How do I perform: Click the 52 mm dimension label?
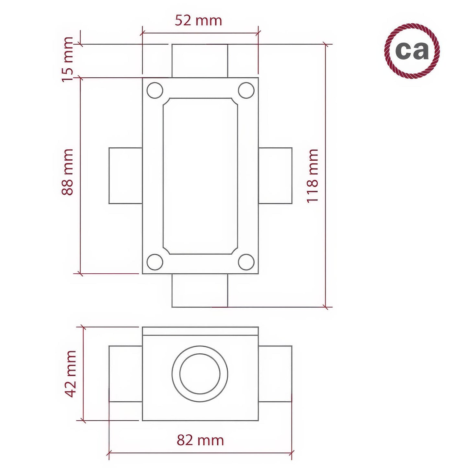pos(198,21)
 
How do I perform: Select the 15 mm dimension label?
pos(68,60)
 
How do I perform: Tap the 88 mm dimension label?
pos(68,172)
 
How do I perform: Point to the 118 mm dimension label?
pos(313,176)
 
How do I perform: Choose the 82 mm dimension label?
pos(200,440)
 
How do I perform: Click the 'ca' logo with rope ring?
pos(412,51)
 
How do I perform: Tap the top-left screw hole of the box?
pos(155,90)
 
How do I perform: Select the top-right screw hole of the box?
pos(246,90)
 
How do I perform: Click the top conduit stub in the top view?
pos(200,61)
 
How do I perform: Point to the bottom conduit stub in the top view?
pos(200,291)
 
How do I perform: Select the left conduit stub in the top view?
pos(125,176)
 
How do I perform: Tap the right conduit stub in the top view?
pos(275,176)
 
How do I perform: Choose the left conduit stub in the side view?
pos(125,374)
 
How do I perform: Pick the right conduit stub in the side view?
pos(275,374)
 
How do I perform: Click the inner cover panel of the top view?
pos(200,176)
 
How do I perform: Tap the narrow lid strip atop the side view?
pos(200,331)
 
